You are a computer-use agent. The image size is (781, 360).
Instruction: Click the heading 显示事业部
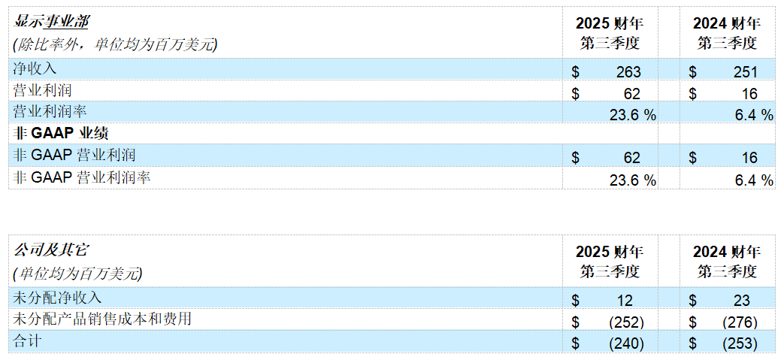tap(51, 23)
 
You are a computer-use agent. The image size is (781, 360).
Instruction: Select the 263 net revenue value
tap(628, 72)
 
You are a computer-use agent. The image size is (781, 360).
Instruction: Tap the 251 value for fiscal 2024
tap(745, 72)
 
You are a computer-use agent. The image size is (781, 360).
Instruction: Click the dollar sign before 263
tap(576, 72)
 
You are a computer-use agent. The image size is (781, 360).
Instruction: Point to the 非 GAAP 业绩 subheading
tap(62, 134)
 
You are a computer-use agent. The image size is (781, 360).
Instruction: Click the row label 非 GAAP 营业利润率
tap(82, 178)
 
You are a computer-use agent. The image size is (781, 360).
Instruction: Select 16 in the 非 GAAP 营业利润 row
tap(749, 159)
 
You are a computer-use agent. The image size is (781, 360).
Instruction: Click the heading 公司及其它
tap(51, 250)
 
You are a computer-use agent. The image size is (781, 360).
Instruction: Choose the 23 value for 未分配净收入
tap(742, 300)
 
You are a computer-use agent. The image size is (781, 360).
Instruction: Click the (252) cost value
tap(627, 322)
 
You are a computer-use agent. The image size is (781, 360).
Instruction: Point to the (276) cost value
tap(740, 322)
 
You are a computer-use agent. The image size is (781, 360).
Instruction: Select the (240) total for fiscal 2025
tap(627, 343)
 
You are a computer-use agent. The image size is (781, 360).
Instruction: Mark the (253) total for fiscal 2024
tap(740, 343)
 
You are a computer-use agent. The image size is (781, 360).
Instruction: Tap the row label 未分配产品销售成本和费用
tap(102, 319)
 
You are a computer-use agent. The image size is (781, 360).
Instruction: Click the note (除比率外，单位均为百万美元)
tap(116, 45)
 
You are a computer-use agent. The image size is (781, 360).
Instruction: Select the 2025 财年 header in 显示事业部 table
tap(610, 23)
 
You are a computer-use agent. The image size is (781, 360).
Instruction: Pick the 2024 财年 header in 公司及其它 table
tap(727, 252)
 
